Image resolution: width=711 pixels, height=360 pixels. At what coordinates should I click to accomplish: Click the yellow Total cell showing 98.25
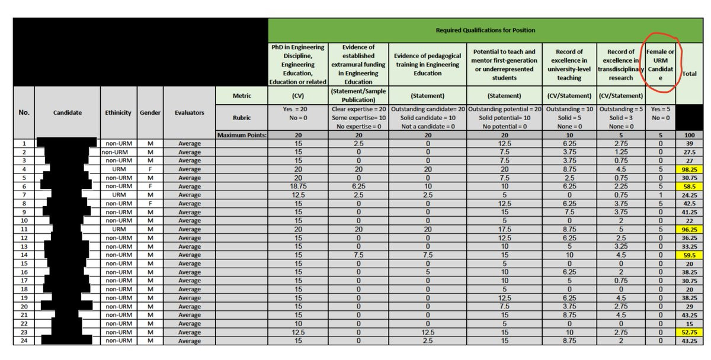[690, 169]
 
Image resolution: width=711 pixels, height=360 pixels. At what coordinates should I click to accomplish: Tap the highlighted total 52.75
[690, 332]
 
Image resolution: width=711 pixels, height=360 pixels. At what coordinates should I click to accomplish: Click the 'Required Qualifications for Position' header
[485, 30]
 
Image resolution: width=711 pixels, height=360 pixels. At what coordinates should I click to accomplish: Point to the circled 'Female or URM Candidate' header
[660, 65]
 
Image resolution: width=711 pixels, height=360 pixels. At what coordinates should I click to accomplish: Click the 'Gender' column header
[150, 112]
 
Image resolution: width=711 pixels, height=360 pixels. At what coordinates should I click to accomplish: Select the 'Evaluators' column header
[190, 112]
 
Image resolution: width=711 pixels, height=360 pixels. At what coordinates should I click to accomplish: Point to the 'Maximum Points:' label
[241, 135]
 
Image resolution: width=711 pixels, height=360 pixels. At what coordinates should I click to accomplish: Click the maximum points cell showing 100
[690, 135]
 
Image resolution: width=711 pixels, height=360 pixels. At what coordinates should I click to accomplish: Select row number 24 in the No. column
[24, 340]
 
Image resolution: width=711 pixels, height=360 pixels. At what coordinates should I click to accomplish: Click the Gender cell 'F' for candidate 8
[150, 203]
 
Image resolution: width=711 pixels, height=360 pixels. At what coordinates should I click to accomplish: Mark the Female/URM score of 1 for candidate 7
[660, 195]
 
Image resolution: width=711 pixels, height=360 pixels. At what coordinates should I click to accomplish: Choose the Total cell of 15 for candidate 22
[690, 323]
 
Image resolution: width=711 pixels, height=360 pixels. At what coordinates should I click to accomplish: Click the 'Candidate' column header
[67, 112]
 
